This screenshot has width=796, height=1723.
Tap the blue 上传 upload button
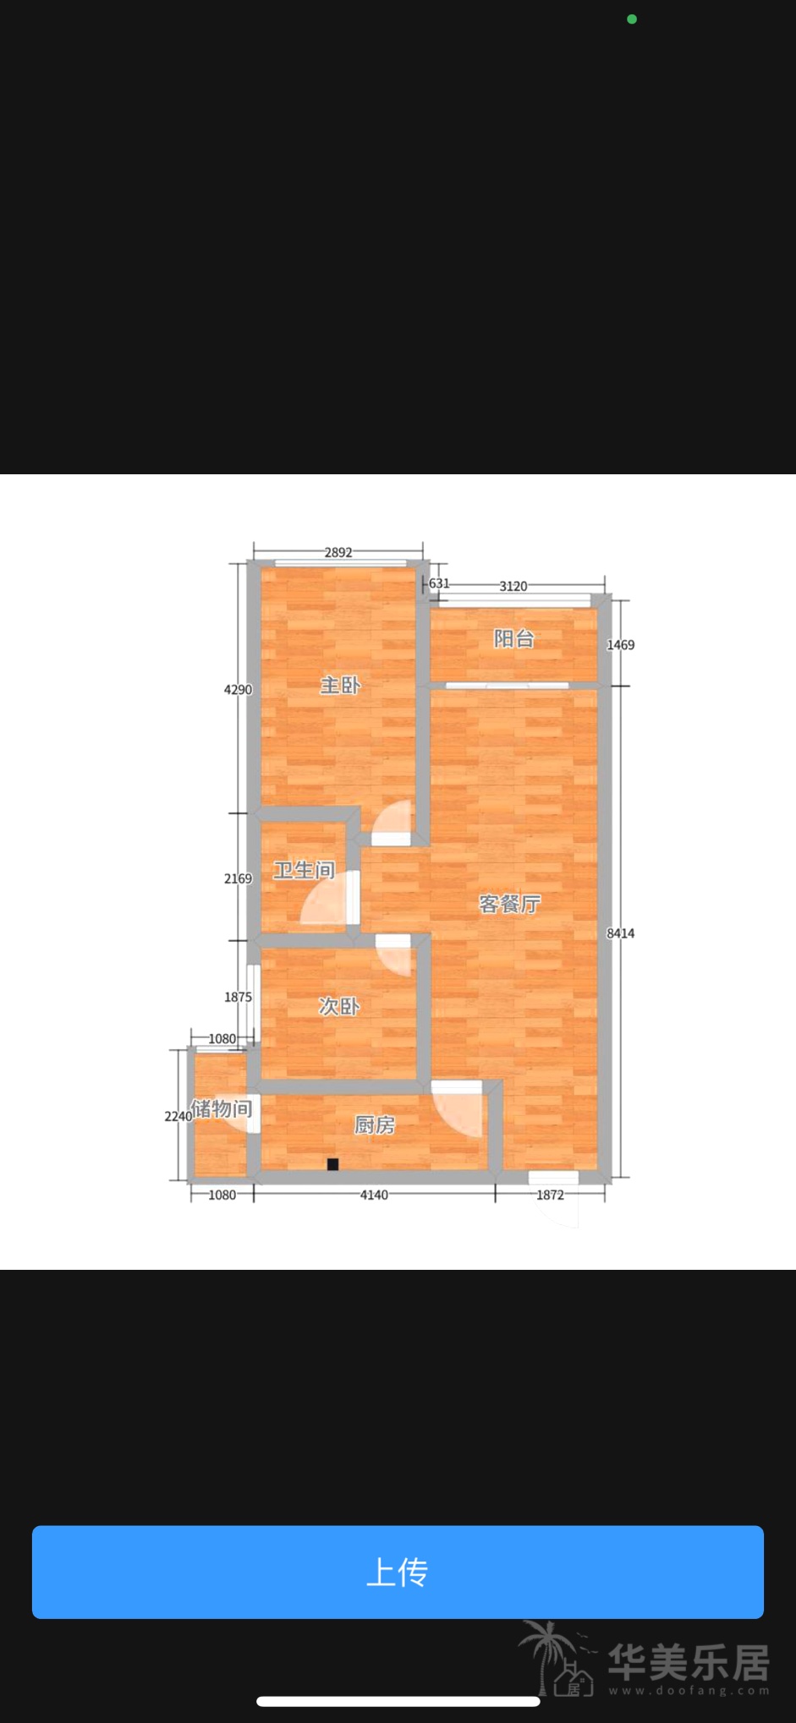(x=398, y=1572)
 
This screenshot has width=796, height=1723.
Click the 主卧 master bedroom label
(x=340, y=685)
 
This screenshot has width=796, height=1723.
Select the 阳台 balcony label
(x=513, y=638)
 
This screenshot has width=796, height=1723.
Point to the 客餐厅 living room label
(x=509, y=904)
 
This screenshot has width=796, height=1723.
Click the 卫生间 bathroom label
(x=304, y=870)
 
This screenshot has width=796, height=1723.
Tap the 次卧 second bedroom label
(x=339, y=1006)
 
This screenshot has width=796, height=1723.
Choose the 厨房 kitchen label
(x=375, y=1124)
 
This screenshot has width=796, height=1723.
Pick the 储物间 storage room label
(x=222, y=1108)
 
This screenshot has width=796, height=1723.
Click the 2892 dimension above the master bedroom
(x=338, y=552)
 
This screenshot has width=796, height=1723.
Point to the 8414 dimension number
(x=620, y=933)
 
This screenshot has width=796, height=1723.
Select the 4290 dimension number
(x=238, y=690)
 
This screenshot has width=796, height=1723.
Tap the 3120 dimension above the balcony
(x=513, y=586)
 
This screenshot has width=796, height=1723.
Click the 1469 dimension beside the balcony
(x=620, y=645)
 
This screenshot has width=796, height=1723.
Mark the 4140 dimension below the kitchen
(x=374, y=1195)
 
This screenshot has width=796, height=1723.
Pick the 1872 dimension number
(x=550, y=1195)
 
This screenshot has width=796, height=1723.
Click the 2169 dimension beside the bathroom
(x=238, y=878)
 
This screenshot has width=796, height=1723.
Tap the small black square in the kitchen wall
(x=332, y=1164)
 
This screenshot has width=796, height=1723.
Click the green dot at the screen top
(x=632, y=19)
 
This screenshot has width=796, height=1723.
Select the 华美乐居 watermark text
(x=689, y=1662)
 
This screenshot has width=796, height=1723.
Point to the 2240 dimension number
(x=178, y=1116)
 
